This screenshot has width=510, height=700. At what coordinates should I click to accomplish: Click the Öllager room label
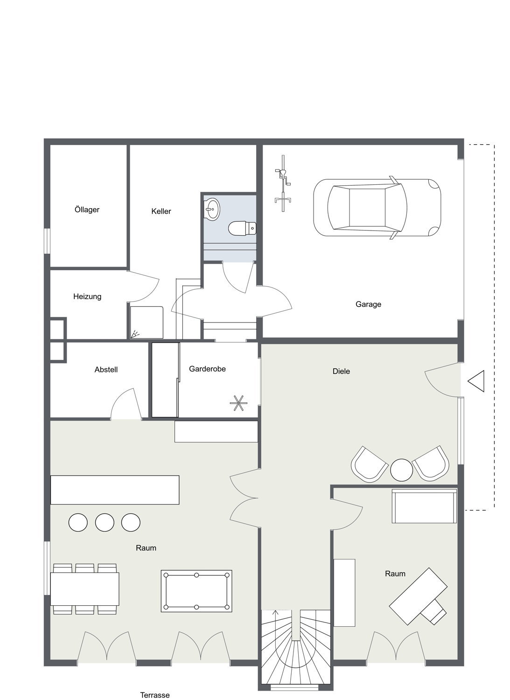tap(87, 210)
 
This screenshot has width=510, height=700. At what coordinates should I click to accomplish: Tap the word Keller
tap(161, 211)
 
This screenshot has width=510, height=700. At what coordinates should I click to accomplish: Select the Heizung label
tap(87, 296)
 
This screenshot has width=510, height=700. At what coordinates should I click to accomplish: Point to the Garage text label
tap(368, 304)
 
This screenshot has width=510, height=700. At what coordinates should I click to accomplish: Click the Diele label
tap(341, 371)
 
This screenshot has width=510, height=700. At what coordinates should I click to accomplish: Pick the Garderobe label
tap(207, 369)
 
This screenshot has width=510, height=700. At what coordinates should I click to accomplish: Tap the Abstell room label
tap(106, 370)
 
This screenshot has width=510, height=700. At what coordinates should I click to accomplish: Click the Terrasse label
tap(155, 695)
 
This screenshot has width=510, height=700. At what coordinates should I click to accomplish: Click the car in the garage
tap(377, 208)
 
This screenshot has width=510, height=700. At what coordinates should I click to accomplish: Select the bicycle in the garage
tap(283, 183)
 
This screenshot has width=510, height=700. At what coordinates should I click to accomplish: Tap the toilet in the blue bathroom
tap(242, 228)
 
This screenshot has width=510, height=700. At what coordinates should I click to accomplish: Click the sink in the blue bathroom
tap(212, 209)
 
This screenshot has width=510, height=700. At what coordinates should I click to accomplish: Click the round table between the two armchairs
tap(402, 470)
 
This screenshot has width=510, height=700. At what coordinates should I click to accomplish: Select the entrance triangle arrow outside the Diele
tap(476, 381)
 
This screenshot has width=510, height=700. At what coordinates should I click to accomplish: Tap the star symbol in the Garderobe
tap(238, 403)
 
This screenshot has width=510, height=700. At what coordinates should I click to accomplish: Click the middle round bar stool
tap(105, 522)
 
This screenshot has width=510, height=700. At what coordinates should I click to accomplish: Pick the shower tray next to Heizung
tap(147, 322)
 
